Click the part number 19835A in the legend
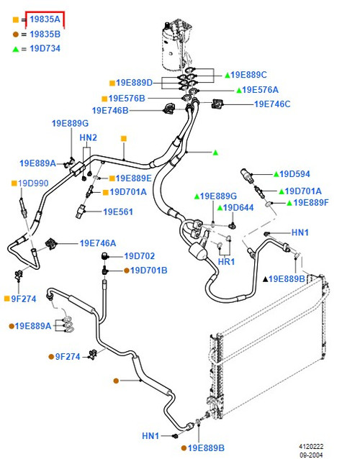[x=45, y=19]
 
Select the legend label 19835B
[x=45, y=35]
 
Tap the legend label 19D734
[x=45, y=48]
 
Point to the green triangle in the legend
[x=16, y=49]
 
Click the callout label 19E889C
[x=248, y=75]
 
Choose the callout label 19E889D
[x=134, y=83]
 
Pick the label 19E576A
[x=260, y=90]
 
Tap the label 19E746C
[x=272, y=104]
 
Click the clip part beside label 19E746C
[x=217, y=104]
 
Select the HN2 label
[x=88, y=137]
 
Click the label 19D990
[x=33, y=183]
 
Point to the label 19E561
[x=118, y=212]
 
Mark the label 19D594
[x=294, y=174]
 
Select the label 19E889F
[x=311, y=203]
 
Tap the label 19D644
[x=238, y=208]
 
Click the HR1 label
[x=226, y=261]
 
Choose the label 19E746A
[x=98, y=243]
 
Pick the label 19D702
[x=140, y=256]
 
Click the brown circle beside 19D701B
[x=127, y=271]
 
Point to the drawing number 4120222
[x=311, y=447]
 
